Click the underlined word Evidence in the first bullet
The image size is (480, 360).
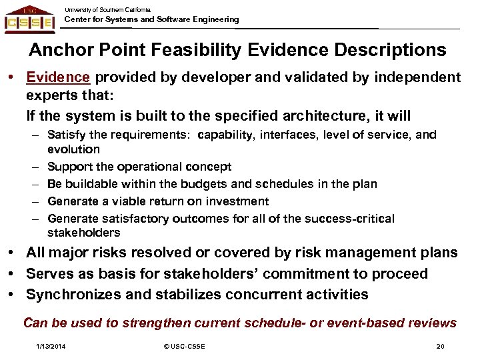[x=57, y=77]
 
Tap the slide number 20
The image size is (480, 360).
[x=439, y=346]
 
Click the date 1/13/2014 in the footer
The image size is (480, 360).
[x=51, y=346]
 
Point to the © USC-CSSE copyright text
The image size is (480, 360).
[x=184, y=346]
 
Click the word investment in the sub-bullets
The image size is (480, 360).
[x=239, y=201]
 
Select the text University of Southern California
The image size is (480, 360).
[x=107, y=10]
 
